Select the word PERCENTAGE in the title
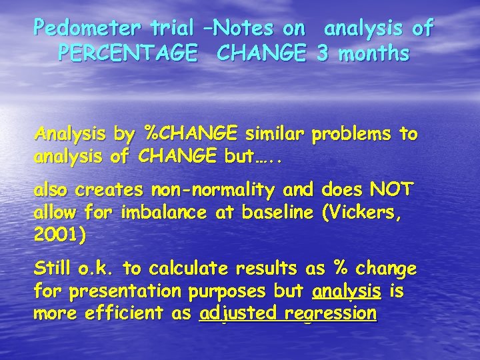click(x=127, y=53)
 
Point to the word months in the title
click(x=373, y=53)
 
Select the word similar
click(x=275, y=134)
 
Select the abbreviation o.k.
click(x=99, y=269)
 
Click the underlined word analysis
click(x=347, y=291)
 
